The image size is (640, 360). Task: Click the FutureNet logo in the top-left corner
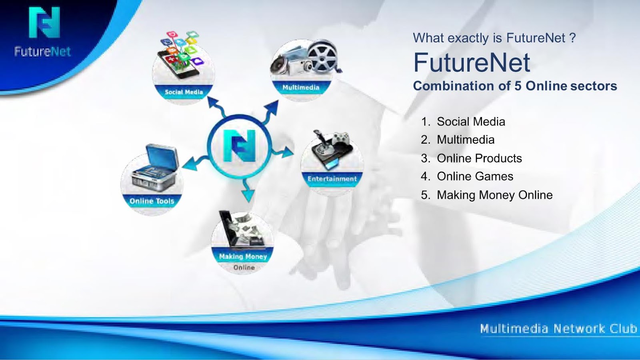pyautogui.click(x=43, y=32)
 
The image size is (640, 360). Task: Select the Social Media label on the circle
pyautogui.click(x=184, y=92)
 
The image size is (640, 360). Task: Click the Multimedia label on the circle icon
pyautogui.click(x=300, y=88)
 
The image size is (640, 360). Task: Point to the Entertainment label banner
pyautogui.click(x=332, y=179)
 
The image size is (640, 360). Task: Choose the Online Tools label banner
pyautogui.click(x=152, y=201)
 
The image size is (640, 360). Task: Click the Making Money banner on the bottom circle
pyautogui.click(x=243, y=256)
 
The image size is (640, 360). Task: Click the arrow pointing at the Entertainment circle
pyautogui.click(x=282, y=151)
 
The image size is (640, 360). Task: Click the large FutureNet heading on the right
pyautogui.click(x=472, y=62)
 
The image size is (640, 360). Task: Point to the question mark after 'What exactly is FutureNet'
pyautogui.click(x=572, y=38)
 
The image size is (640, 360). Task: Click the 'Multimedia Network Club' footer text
pyautogui.click(x=558, y=328)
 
